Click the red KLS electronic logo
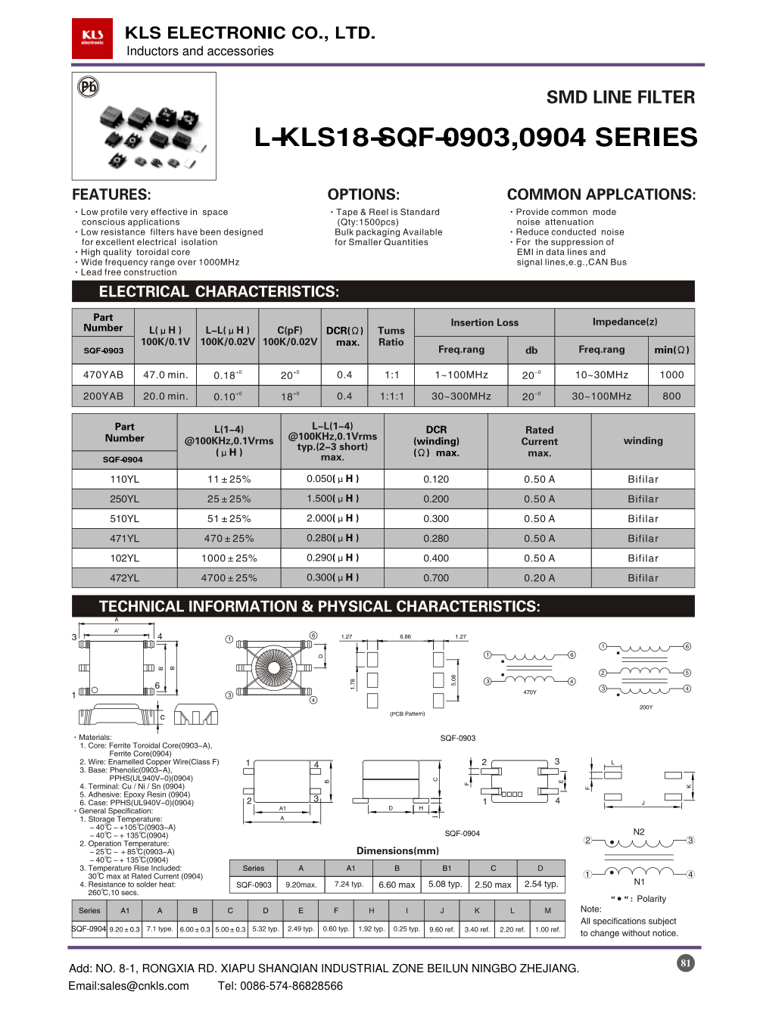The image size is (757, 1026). click(92, 38)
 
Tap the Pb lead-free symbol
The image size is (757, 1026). click(89, 87)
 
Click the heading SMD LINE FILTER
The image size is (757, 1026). click(620, 98)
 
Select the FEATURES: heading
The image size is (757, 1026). click(111, 194)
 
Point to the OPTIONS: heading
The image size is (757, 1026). click(363, 194)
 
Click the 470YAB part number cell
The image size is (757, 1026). click(103, 375)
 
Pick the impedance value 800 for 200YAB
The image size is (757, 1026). click(671, 396)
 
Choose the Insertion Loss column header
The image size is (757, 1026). click(484, 322)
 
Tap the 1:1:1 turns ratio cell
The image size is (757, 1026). click(391, 396)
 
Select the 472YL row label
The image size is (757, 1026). click(124, 578)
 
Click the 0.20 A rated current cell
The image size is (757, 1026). click(539, 578)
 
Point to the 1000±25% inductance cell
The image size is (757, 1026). click(229, 558)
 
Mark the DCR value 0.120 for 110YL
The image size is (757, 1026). click(436, 479)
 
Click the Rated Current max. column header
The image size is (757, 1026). click(539, 441)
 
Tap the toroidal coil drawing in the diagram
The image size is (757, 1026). click(271, 667)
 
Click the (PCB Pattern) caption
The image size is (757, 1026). click(407, 714)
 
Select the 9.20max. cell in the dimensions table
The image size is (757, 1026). click(301, 884)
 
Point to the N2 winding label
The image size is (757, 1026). click(639, 832)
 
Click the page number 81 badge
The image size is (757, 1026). click(685, 963)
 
